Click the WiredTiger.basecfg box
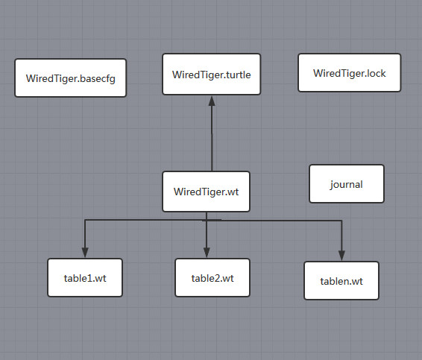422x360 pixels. click(x=70, y=78)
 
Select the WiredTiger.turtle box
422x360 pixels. click(x=212, y=74)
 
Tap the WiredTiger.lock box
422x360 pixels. click(x=349, y=72)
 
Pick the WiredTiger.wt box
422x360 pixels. click(x=206, y=191)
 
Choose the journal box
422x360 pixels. click(x=347, y=183)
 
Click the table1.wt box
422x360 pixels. click(x=84, y=279)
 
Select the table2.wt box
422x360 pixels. click(x=212, y=278)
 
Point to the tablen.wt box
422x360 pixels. click(x=341, y=281)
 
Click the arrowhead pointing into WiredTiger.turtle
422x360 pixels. click(x=212, y=101)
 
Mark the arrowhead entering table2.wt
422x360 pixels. click(x=207, y=252)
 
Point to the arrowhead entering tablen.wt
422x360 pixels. click(x=342, y=255)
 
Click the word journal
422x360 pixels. click(x=347, y=184)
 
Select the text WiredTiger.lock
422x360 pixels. click(x=349, y=73)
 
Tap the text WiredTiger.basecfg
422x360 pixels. click(x=70, y=78)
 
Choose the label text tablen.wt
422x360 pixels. click(x=341, y=282)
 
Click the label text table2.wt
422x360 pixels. click(x=212, y=279)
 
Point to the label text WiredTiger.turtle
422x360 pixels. click(x=212, y=75)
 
